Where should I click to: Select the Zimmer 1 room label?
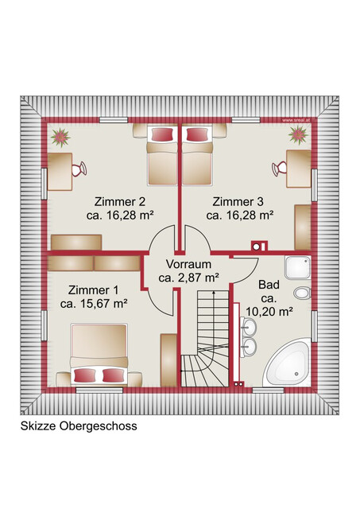(x=93, y=289)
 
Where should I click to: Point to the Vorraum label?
(x=188, y=264)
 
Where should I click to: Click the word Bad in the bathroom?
(x=269, y=283)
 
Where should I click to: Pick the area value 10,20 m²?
(x=270, y=311)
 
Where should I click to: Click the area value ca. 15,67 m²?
(x=94, y=303)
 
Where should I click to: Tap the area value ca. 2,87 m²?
(x=188, y=278)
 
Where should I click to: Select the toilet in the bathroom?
(x=300, y=296)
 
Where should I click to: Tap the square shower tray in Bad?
(x=296, y=270)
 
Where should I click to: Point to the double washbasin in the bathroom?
(x=250, y=336)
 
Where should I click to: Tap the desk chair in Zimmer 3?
(x=279, y=169)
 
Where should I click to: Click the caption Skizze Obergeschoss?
(x=79, y=425)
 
